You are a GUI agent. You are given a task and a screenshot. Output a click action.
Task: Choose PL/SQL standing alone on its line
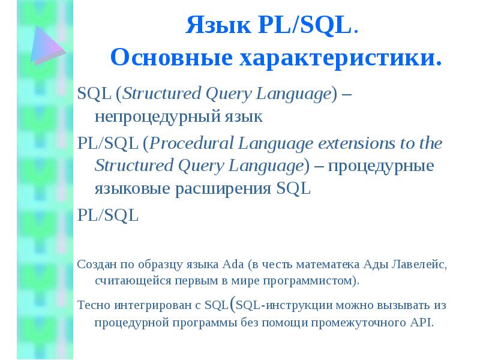click(x=108, y=215)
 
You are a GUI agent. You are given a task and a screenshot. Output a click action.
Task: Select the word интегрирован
click(x=151, y=305)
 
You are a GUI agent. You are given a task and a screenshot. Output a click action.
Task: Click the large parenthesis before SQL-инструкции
click(x=232, y=304)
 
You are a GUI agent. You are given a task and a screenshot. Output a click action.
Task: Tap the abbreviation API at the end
click(x=421, y=322)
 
